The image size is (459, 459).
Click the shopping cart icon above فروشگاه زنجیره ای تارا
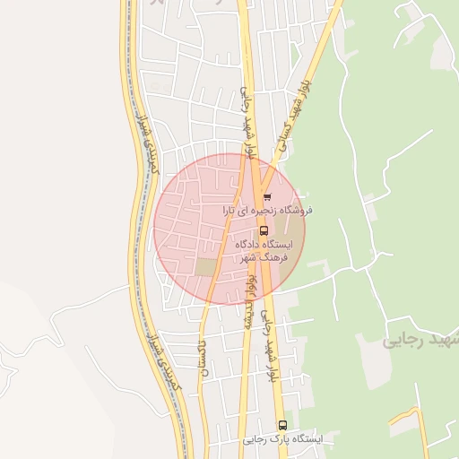tap(267, 197)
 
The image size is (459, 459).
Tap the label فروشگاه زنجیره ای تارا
tap(266, 211)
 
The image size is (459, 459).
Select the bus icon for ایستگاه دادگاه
tap(263, 229)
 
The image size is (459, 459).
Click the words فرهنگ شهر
tap(260, 257)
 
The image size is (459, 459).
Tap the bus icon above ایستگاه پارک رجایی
tap(282, 425)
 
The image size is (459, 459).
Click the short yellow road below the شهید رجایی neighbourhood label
tap(403, 417)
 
